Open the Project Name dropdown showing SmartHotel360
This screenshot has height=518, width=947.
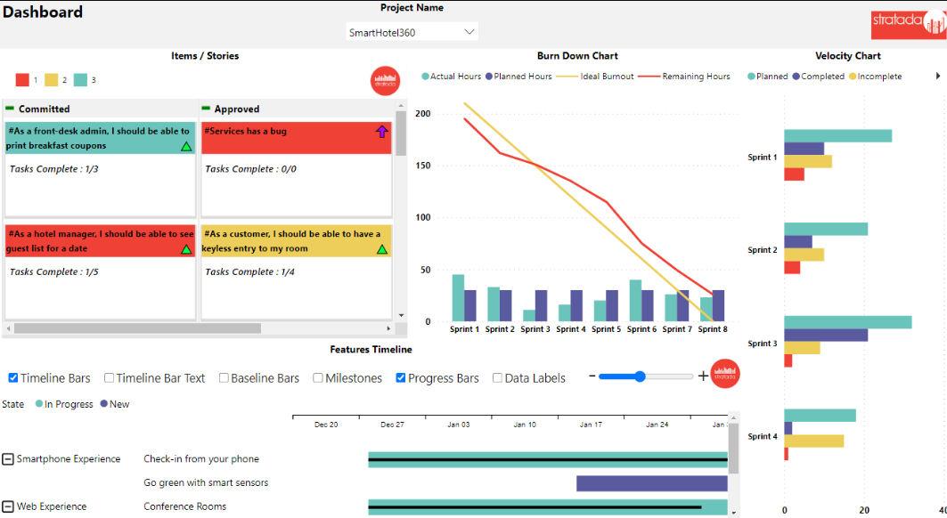tap(412, 33)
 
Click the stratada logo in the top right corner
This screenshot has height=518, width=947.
tap(907, 24)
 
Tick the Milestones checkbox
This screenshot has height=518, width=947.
tap(318, 378)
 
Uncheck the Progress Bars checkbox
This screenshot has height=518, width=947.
tap(401, 378)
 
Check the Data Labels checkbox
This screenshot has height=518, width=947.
tap(497, 378)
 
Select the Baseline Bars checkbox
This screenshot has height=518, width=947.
tap(224, 378)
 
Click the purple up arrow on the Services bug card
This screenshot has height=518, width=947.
tap(382, 132)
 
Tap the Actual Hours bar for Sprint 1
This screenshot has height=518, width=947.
tap(458, 297)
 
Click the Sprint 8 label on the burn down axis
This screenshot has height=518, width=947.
tap(712, 329)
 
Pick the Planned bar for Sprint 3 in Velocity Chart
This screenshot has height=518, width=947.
tap(847, 322)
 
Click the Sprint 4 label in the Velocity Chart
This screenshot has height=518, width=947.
tap(762, 436)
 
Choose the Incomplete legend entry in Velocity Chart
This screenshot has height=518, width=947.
tap(878, 77)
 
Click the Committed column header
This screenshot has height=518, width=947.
tap(44, 109)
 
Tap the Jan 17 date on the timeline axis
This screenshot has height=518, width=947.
tap(591, 425)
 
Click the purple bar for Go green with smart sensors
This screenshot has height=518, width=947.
tap(651, 483)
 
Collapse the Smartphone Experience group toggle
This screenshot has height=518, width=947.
tap(8, 459)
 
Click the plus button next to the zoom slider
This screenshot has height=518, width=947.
tap(703, 376)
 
